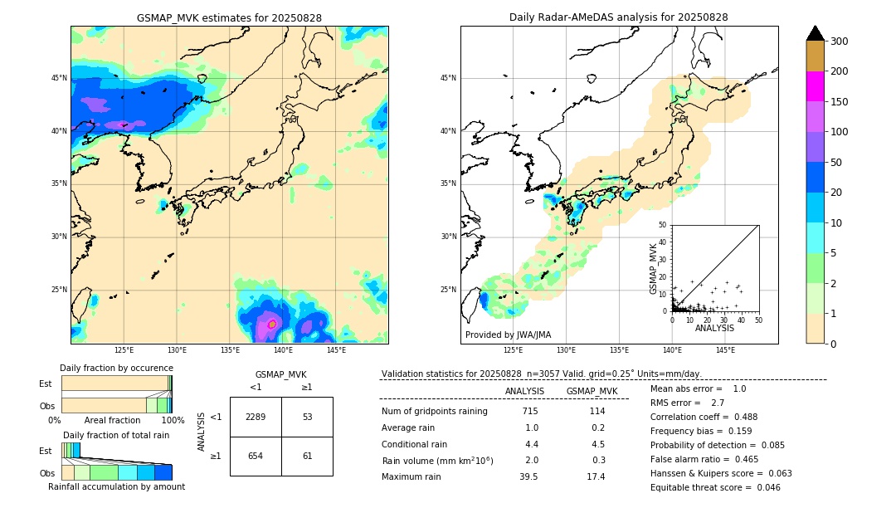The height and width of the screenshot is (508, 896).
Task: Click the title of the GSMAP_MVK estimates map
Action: point(229,17)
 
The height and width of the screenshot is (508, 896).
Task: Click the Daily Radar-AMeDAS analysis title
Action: point(619,17)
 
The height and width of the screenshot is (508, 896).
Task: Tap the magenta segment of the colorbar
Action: point(816,86)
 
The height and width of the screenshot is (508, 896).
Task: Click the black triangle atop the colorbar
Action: point(816,33)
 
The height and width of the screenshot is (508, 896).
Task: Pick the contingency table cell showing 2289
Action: point(256,417)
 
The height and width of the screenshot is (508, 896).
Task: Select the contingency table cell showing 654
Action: point(256,456)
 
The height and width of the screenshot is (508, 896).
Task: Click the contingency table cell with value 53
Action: point(307,417)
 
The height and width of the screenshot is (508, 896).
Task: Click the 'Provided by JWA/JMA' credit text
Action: point(508,335)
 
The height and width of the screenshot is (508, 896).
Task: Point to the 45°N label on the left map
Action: point(58,78)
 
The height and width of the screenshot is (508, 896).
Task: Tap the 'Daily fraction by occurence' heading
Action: point(116,368)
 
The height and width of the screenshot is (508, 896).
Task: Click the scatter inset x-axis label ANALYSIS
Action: point(714,328)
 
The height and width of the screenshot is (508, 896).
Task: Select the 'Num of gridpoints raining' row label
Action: point(435,411)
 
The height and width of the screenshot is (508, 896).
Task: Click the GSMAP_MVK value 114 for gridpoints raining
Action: point(597,411)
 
